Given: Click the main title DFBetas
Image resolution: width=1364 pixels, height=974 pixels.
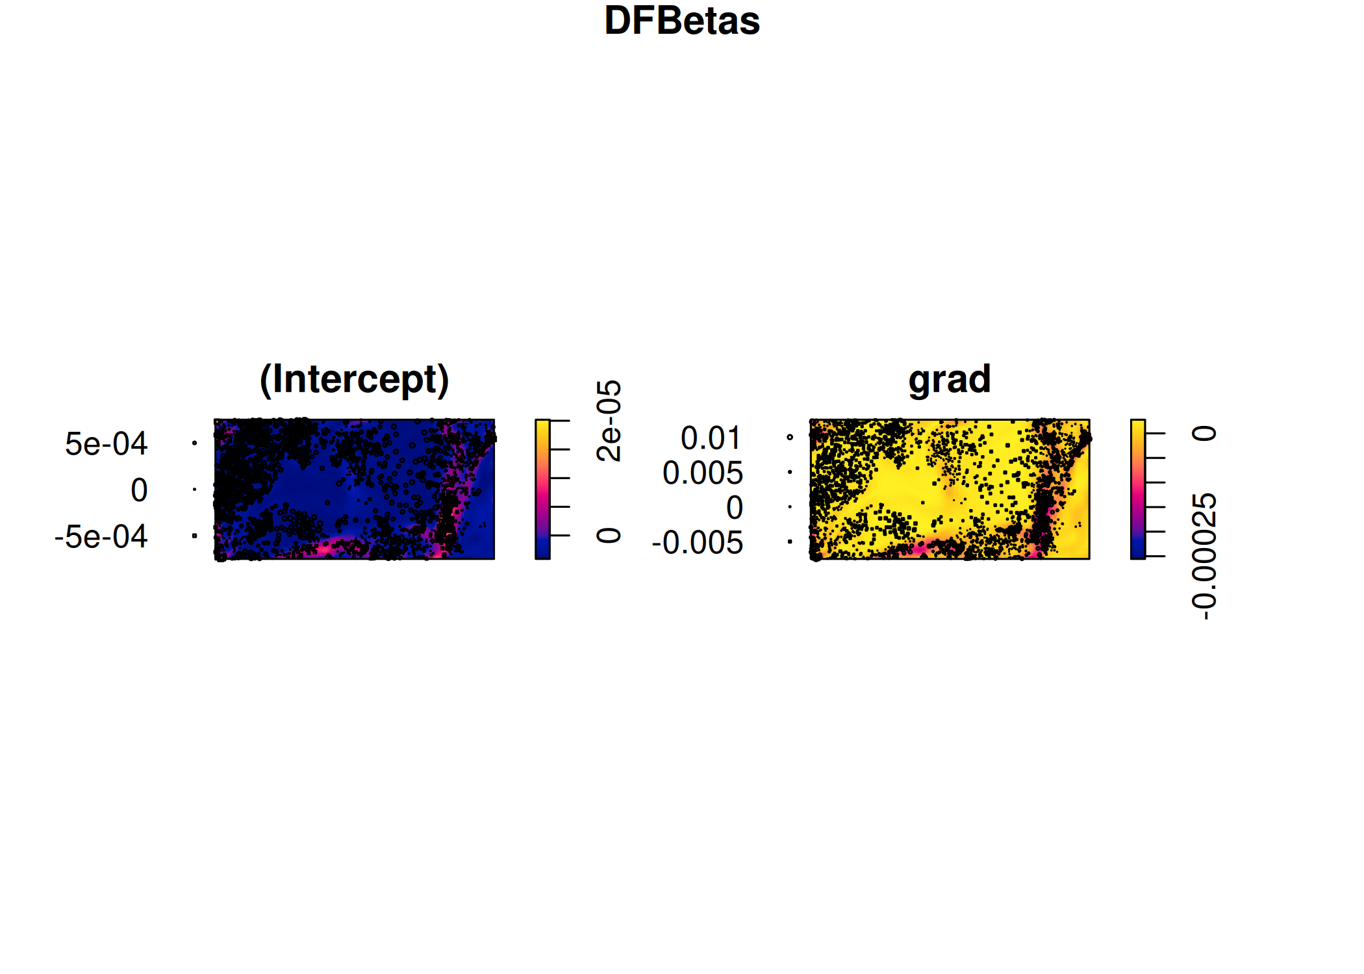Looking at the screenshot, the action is point(682,21).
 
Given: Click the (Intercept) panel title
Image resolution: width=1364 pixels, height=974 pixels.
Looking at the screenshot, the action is point(355,379).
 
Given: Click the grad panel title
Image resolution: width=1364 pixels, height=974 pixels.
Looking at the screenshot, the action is point(950,379).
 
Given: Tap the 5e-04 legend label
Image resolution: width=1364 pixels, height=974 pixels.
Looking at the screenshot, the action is point(107,443).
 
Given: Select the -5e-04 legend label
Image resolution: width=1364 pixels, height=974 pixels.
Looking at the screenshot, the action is point(101,536).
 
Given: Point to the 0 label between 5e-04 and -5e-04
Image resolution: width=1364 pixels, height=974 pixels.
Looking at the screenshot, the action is point(139,490).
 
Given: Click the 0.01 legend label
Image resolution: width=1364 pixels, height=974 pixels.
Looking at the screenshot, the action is point(711,438).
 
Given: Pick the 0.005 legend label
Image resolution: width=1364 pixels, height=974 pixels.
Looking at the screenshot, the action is point(703,473).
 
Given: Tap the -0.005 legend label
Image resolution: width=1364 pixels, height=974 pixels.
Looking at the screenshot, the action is point(698,542).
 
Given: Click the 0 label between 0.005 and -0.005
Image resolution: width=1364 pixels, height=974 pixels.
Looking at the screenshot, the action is point(735,507).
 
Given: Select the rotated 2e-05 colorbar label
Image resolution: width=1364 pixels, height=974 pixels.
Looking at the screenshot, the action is point(609,421).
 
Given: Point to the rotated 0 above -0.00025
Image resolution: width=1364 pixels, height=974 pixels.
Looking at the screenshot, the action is point(1204,433).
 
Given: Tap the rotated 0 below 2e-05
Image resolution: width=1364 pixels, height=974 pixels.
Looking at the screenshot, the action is point(609,536).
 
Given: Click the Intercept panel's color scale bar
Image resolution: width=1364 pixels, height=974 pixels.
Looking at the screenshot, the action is point(542,489).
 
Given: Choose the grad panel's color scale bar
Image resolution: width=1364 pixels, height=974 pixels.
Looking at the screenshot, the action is point(1138,489).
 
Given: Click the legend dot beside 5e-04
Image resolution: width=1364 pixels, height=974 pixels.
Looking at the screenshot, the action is point(194,443).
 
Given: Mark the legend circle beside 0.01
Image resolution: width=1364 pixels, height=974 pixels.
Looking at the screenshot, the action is point(790,437).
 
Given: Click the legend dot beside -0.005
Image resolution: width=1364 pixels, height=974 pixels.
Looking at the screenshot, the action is point(790,542).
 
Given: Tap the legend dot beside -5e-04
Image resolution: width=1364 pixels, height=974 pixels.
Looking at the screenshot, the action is point(194,536).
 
